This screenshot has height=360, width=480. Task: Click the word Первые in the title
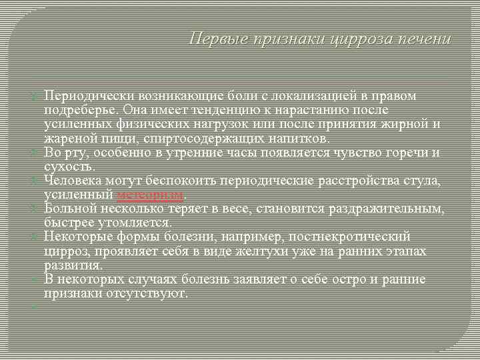tap(213, 39)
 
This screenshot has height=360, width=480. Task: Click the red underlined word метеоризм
tap(151, 195)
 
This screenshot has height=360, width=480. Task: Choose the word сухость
tap(69, 167)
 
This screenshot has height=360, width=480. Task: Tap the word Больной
tap(70, 209)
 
